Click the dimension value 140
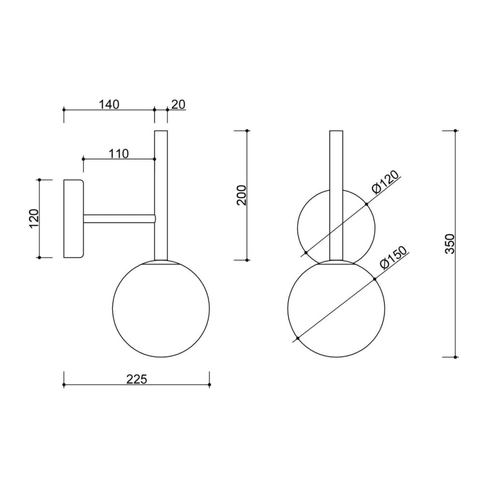coord(109,104)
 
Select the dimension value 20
coord(178,104)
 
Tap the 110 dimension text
coord(119,154)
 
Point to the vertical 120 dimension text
coord(34,218)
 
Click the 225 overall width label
coord(137,379)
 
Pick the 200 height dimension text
coord(242,195)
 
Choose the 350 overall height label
coord(450,243)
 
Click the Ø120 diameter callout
coord(385,182)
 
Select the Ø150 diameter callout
coord(393,258)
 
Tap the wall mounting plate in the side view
coord(73,219)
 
